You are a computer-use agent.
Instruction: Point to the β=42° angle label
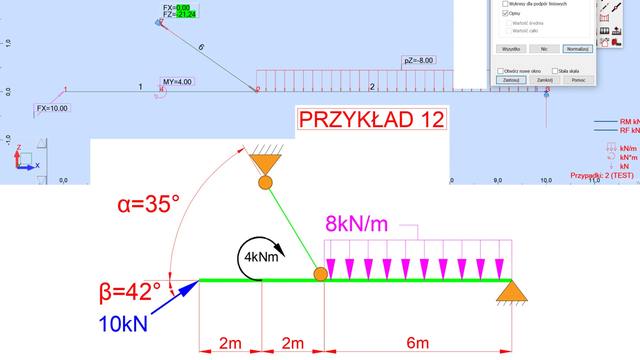coord(129,292)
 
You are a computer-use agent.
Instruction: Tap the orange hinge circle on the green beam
coord(322,273)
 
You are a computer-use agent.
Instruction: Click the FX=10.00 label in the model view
coord(54,107)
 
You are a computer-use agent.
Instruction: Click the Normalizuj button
coord(577,47)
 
